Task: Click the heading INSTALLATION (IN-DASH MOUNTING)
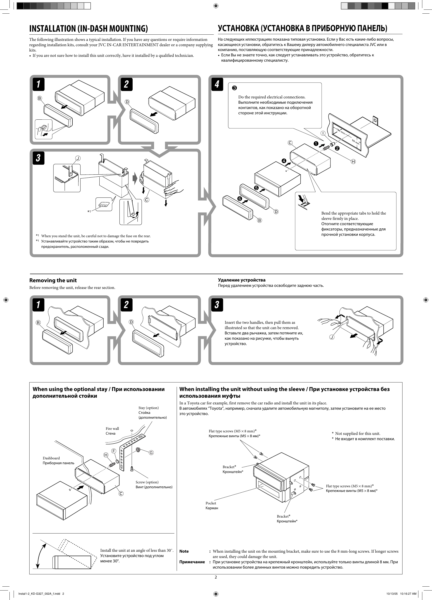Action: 88,28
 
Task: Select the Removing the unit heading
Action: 53,280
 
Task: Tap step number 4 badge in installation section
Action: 217,84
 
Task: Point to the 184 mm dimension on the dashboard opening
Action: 341,131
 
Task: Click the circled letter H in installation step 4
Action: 353,161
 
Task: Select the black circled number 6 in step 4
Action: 240,198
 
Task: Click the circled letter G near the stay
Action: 151,453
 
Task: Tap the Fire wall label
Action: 112,429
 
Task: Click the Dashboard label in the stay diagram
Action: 51,458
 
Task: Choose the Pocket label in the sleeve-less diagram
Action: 211,503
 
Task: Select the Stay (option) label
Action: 149,408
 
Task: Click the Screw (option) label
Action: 147,482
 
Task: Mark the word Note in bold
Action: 184,551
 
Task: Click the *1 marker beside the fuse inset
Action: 89,212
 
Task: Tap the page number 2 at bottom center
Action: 216,577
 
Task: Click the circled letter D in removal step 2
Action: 131,322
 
